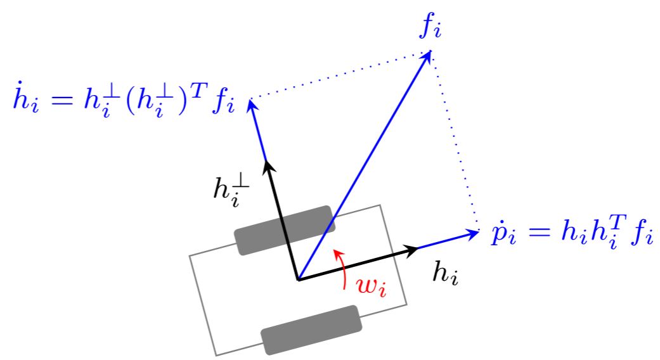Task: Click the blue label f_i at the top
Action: [430, 29]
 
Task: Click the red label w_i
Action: [371, 287]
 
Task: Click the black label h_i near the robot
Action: [446, 273]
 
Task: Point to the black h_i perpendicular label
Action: [231, 191]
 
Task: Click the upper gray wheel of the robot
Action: [285, 230]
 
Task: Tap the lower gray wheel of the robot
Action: [311, 330]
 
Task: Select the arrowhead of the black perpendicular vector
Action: [268, 166]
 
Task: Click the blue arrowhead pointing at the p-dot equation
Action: [472, 233]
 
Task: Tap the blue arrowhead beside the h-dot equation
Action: [252, 105]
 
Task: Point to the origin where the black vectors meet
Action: [299, 280]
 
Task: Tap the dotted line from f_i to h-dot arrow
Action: [340, 75]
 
